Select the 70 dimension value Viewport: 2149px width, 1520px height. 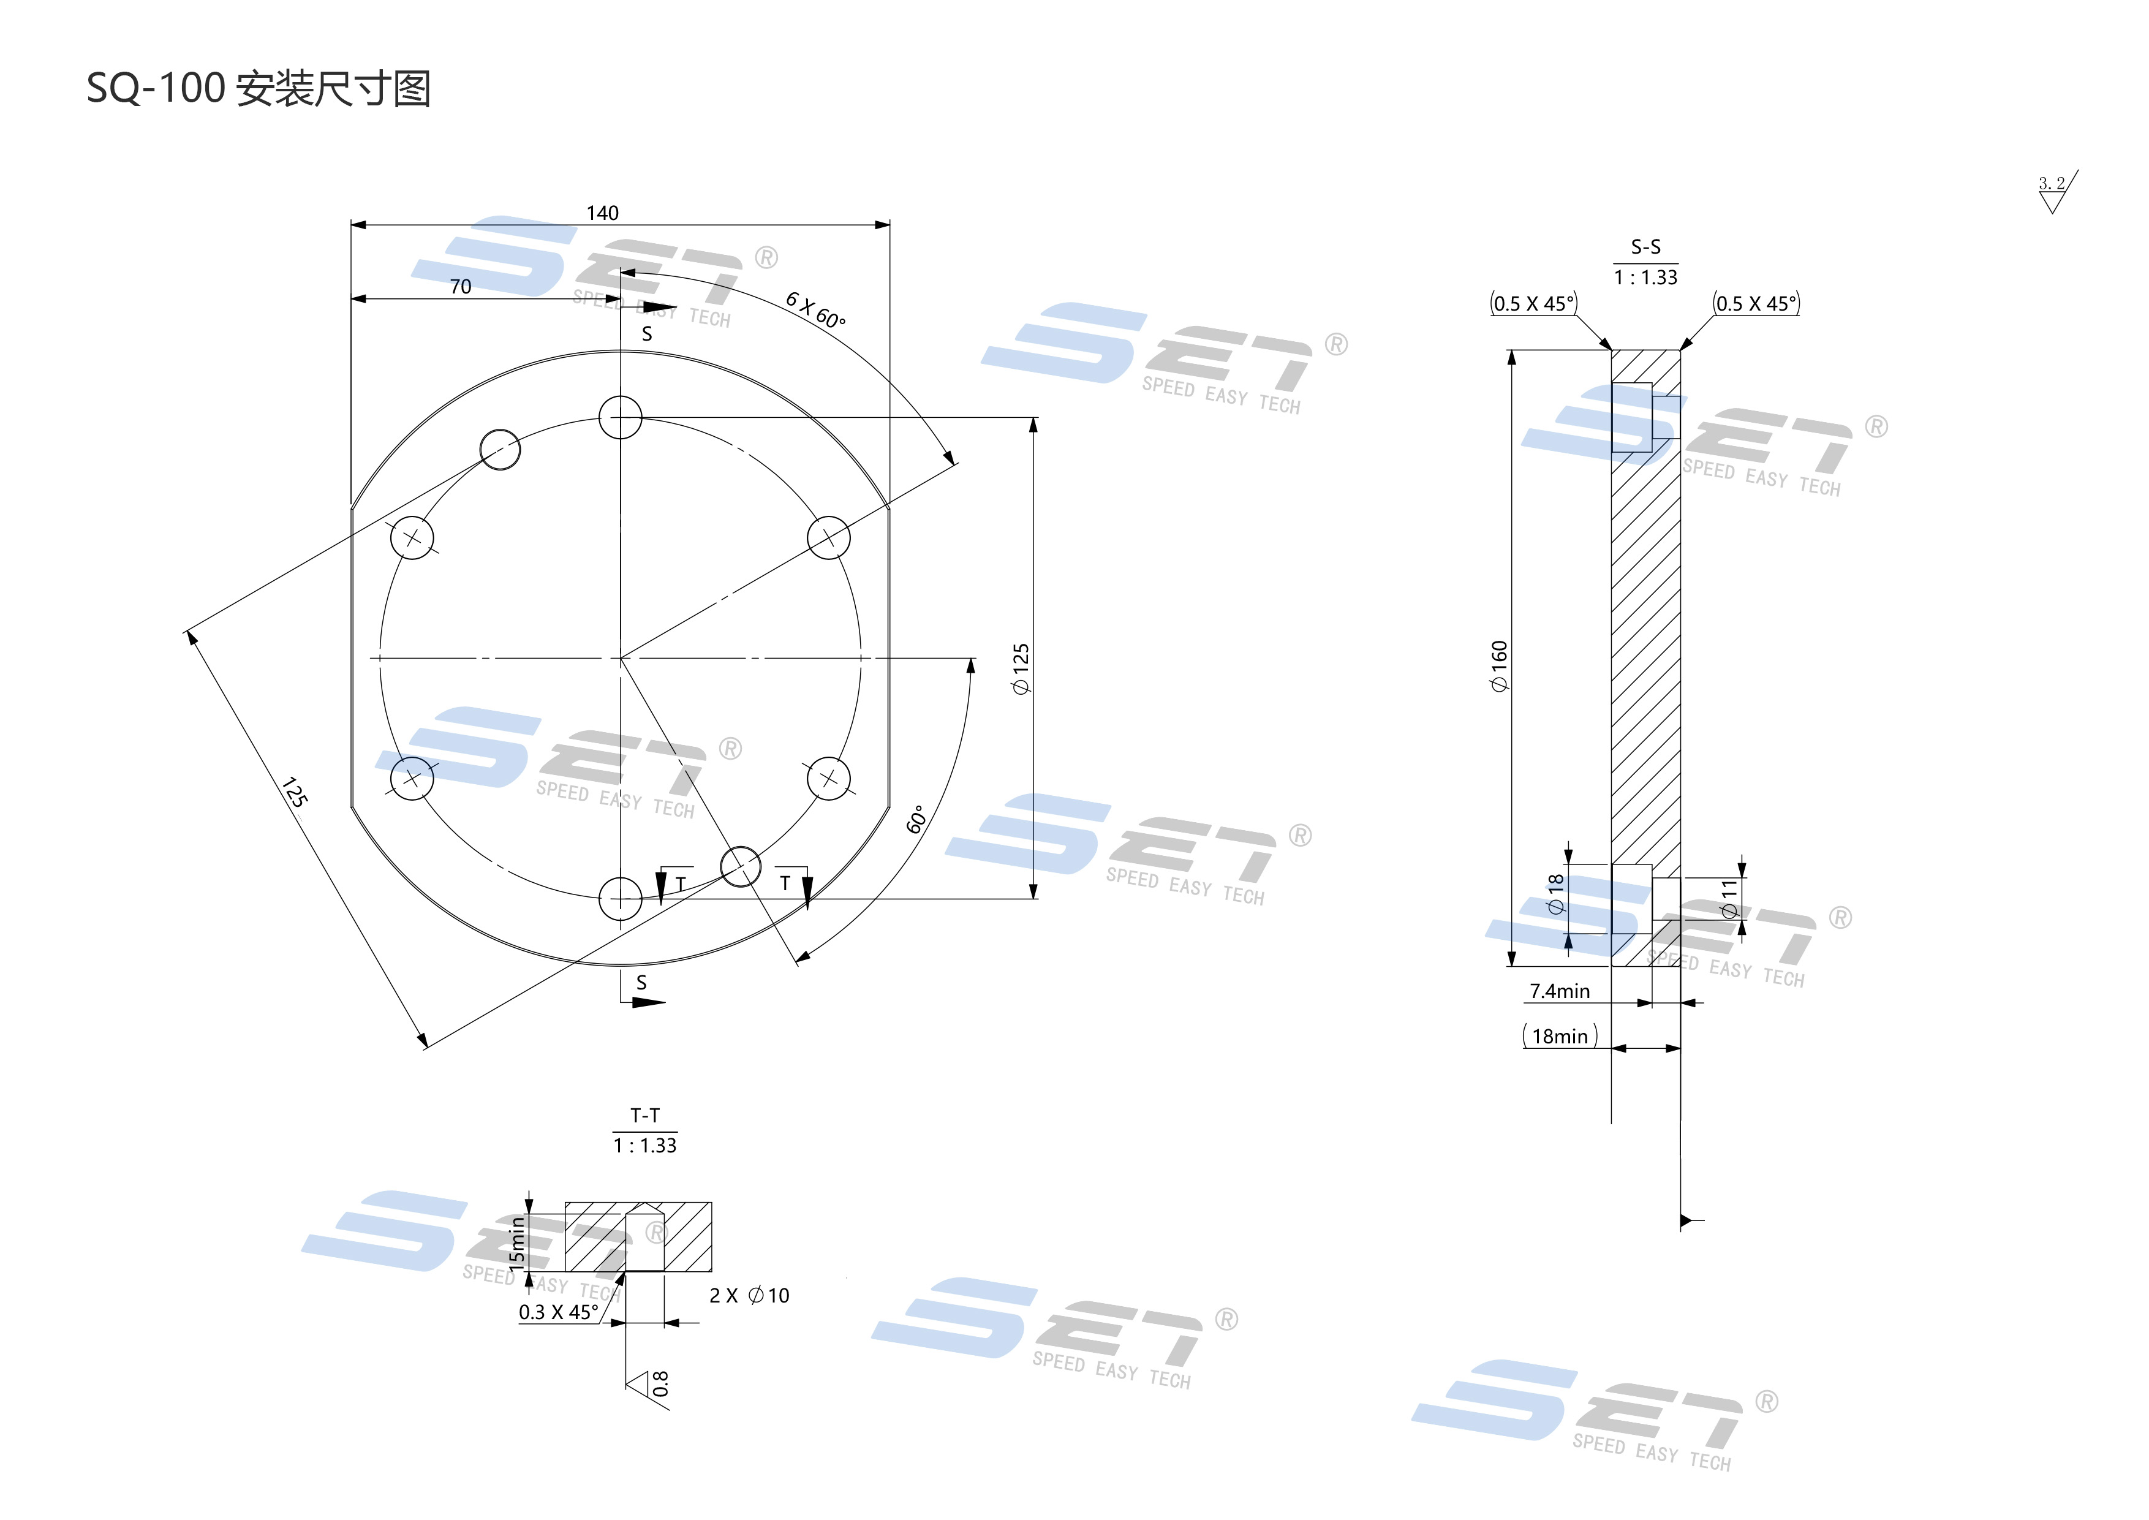point(461,286)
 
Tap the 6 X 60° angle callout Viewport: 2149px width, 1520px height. point(815,310)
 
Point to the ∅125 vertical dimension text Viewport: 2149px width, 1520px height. point(1021,668)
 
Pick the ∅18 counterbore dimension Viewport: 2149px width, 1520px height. point(1555,894)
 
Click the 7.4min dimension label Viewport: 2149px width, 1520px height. point(1559,991)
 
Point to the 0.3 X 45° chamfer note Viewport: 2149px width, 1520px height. point(559,1312)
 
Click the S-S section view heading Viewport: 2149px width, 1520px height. point(1645,247)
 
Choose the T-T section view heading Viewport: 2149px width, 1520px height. point(645,1116)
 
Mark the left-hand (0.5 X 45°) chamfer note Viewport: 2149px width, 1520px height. point(1534,303)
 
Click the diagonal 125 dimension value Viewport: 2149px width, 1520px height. point(295,793)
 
